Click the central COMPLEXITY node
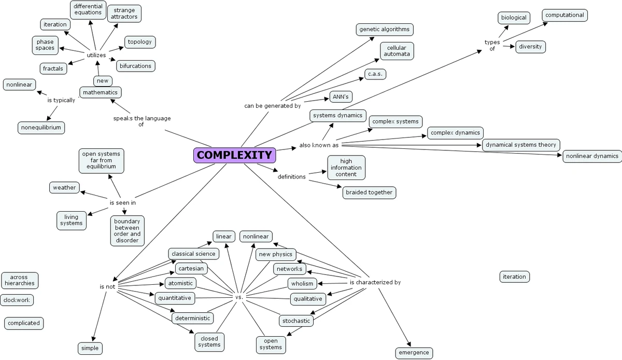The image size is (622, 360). click(x=234, y=155)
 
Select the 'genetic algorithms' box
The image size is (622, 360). click(x=385, y=29)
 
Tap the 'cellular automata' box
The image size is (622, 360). click(x=397, y=50)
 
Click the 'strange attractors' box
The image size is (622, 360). click(x=124, y=13)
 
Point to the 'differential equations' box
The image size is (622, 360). click(x=88, y=9)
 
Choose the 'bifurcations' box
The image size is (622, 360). click(x=135, y=66)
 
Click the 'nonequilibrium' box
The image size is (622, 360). click(x=41, y=127)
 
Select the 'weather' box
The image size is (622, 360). click(x=64, y=187)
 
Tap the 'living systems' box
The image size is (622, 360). click(x=71, y=220)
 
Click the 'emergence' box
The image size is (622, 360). click(x=414, y=353)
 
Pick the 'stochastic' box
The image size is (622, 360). click(x=296, y=321)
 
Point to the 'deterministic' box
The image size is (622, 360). click(x=192, y=318)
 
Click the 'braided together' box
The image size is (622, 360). click(x=369, y=192)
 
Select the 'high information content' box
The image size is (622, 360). click(x=346, y=168)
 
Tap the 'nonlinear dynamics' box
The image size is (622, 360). click(x=592, y=156)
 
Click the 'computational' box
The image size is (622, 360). click(x=564, y=15)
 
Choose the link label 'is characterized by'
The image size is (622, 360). click(x=375, y=283)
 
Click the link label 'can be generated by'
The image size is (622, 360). click(x=273, y=106)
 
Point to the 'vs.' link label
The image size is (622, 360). click(x=239, y=297)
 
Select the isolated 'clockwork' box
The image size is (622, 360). click(x=17, y=300)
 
